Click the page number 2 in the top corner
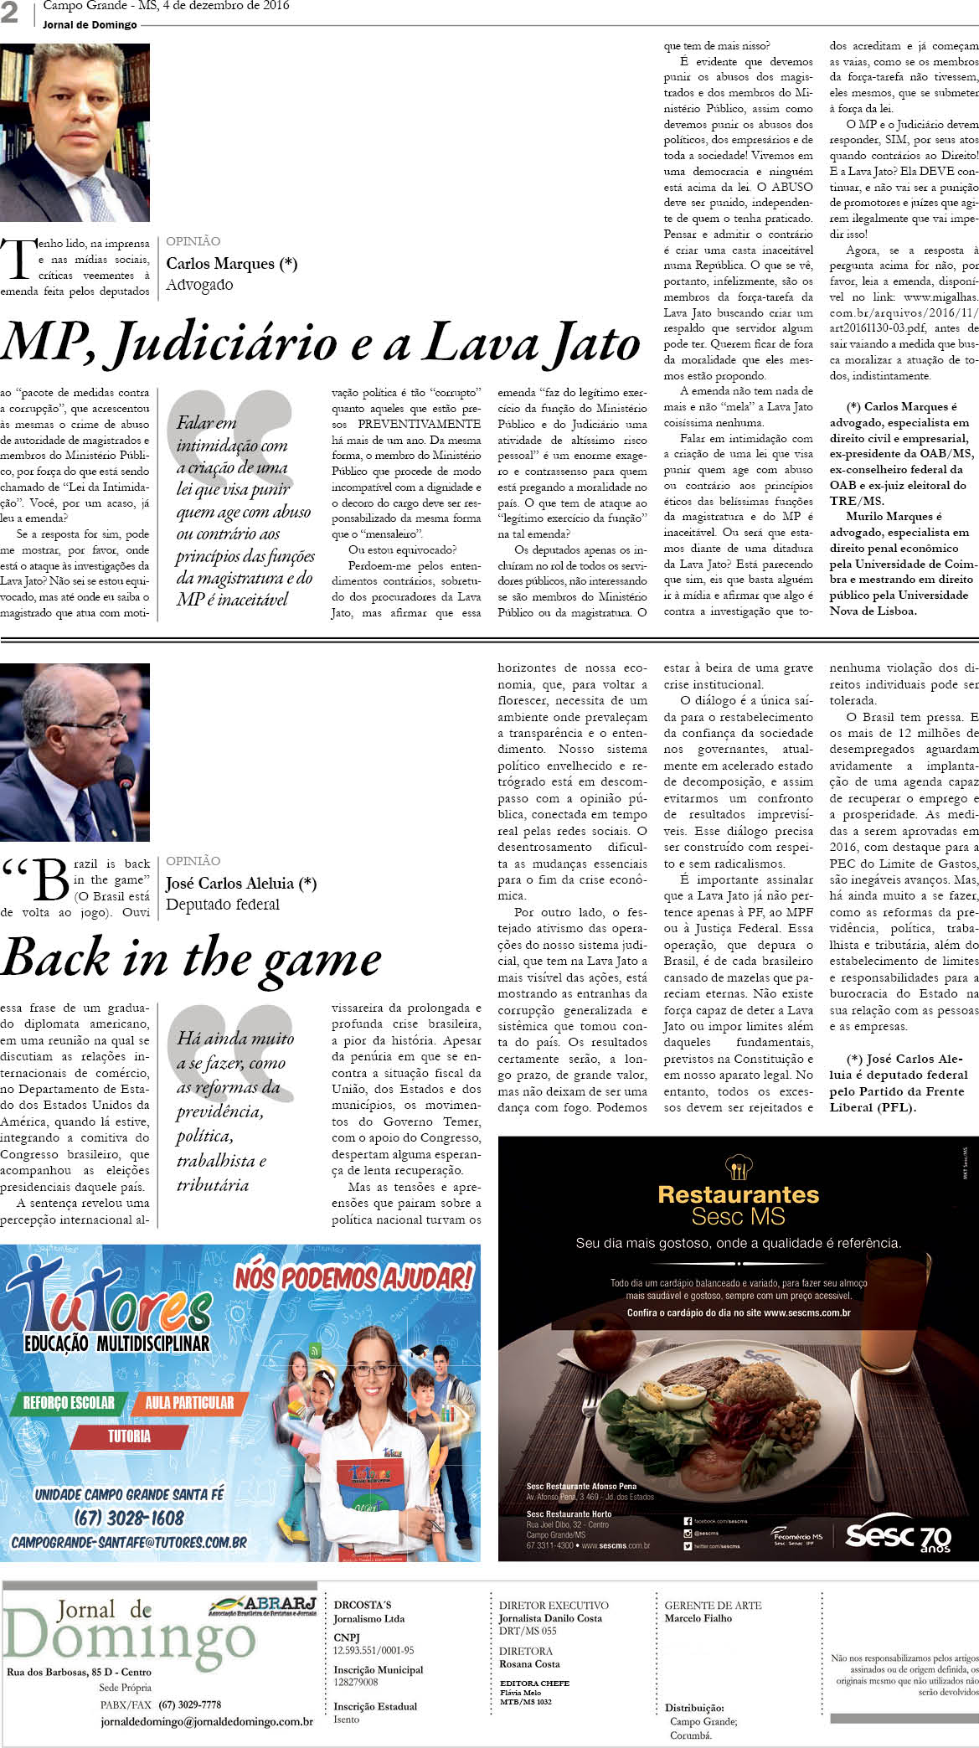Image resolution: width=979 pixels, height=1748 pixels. point(9,13)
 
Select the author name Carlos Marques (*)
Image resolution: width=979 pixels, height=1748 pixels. point(231,264)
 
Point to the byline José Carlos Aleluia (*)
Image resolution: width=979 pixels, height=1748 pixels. point(241,883)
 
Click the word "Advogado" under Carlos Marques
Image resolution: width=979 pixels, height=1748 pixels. point(199,285)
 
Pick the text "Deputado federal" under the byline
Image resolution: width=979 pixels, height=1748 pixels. point(223,905)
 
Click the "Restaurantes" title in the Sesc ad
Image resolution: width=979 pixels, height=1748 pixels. point(738,1194)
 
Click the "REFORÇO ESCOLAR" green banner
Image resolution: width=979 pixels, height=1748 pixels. point(69,1403)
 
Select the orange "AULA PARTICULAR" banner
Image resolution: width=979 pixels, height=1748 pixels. point(189,1403)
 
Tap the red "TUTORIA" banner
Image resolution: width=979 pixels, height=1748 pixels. point(128,1436)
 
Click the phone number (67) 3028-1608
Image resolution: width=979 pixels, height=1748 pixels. point(128,1518)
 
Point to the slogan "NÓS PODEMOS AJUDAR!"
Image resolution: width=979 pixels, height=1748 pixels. point(353,1278)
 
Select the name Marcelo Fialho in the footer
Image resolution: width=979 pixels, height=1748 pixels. point(698,1618)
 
